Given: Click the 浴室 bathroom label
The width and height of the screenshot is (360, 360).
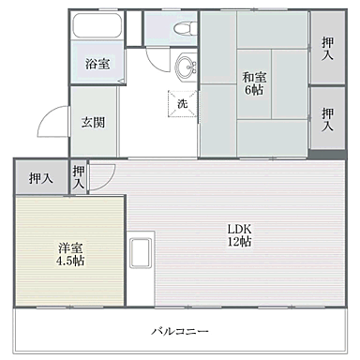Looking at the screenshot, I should (97, 65).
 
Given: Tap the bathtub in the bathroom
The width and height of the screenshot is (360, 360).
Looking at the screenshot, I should (97, 29).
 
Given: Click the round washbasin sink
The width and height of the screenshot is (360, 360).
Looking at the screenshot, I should (187, 67).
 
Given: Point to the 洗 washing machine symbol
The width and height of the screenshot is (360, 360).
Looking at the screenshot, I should (182, 103).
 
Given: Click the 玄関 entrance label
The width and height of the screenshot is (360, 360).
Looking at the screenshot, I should (91, 122).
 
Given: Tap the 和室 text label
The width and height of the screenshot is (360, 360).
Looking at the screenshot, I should (252, 78).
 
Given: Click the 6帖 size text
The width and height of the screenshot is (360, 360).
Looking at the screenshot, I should (252, 91).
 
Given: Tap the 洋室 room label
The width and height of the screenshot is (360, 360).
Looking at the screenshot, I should (69, 247).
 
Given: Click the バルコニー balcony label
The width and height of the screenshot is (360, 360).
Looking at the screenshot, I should (179, 331).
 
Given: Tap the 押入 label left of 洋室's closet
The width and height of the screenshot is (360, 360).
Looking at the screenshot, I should (39, 177).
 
